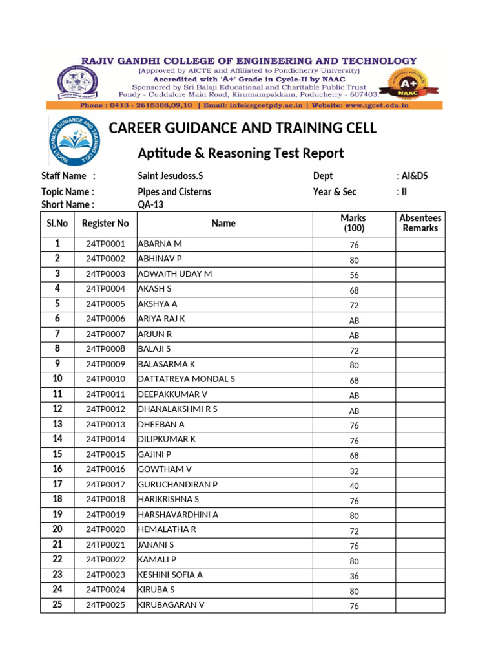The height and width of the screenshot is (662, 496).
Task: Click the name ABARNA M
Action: (160, 244)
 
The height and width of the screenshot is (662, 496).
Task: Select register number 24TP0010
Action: (105, 379)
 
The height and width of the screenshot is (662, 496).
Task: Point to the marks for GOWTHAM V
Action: (354, 471)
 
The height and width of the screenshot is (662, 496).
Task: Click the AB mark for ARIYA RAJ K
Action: (354, 320)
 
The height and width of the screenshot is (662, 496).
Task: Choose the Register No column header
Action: (105, 224)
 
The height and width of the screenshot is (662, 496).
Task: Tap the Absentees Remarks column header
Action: (420, 223)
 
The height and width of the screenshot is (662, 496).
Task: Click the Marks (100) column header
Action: (353, 223)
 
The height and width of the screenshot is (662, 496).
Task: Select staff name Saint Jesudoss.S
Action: (170, 176)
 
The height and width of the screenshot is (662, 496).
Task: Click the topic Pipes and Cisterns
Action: (174, 192)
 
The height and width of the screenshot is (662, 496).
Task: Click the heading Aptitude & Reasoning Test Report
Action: (241, 153)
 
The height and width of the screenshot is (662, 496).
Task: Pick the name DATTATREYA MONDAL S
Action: (187, 379)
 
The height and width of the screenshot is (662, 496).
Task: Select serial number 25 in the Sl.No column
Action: (57, 604)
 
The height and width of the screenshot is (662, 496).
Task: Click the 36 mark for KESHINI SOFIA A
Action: (354, 576)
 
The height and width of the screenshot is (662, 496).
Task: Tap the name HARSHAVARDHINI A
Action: (178, 515)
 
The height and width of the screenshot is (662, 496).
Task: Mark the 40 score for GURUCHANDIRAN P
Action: (354, 486)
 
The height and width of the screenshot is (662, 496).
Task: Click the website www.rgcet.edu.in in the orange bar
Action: (378, 105)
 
